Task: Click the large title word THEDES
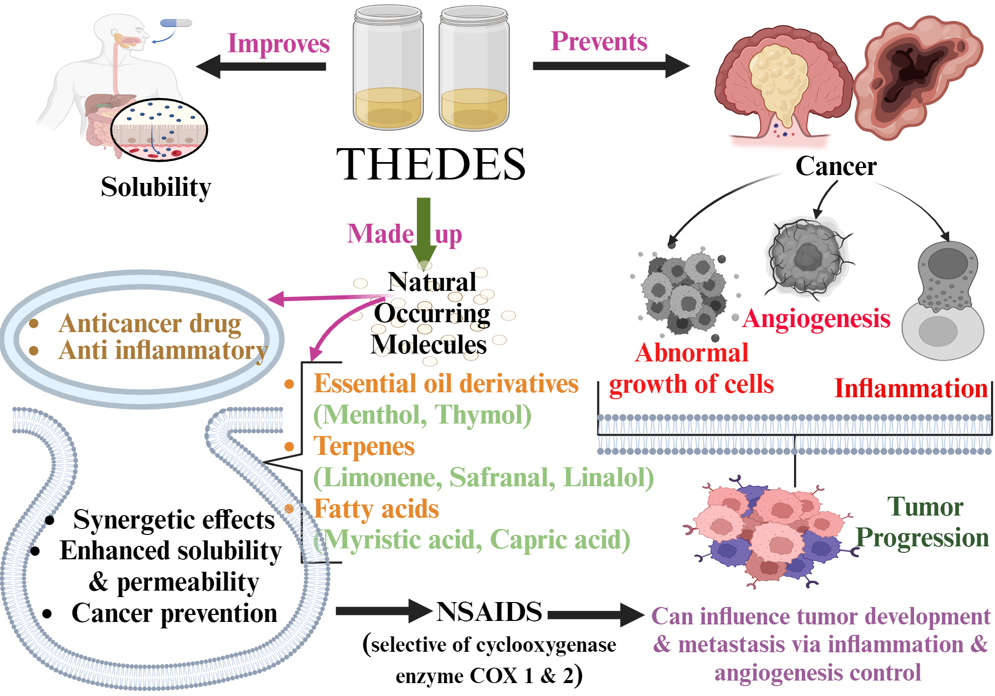pyautogui.click(x=431, y=165)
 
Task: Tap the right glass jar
pyautogui.click(x=474, y=68)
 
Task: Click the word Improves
pyautogui.click(x=278, y=44)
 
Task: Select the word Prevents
pyautogui.click(x=598, y=41)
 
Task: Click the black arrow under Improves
pyautogui.click(x=261, y=67)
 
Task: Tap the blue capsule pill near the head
pyautogui.click(x=176, y=23)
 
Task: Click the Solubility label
pyautogui.click(x=156, y=187)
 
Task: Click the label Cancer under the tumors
pyautogui.click(x=836, y=166)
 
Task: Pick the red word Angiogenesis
pyautogui.click(x=816, y=319)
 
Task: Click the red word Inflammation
pyautogui.click(x=910, y=388)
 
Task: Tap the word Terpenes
pyautogui.click(x=364, y=446)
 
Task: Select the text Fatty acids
pyautogui.click(x=376, y=509)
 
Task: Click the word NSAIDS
pyautogui.click(x=489, y=611)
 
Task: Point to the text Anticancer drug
pyautogui.click(x=149, y=324)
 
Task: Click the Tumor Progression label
pyautogui.click(x=923, y=522)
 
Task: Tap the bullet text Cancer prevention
pyautogui.click(x=174, y=613)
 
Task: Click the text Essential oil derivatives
pyautogui.click(x=446, y=384)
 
